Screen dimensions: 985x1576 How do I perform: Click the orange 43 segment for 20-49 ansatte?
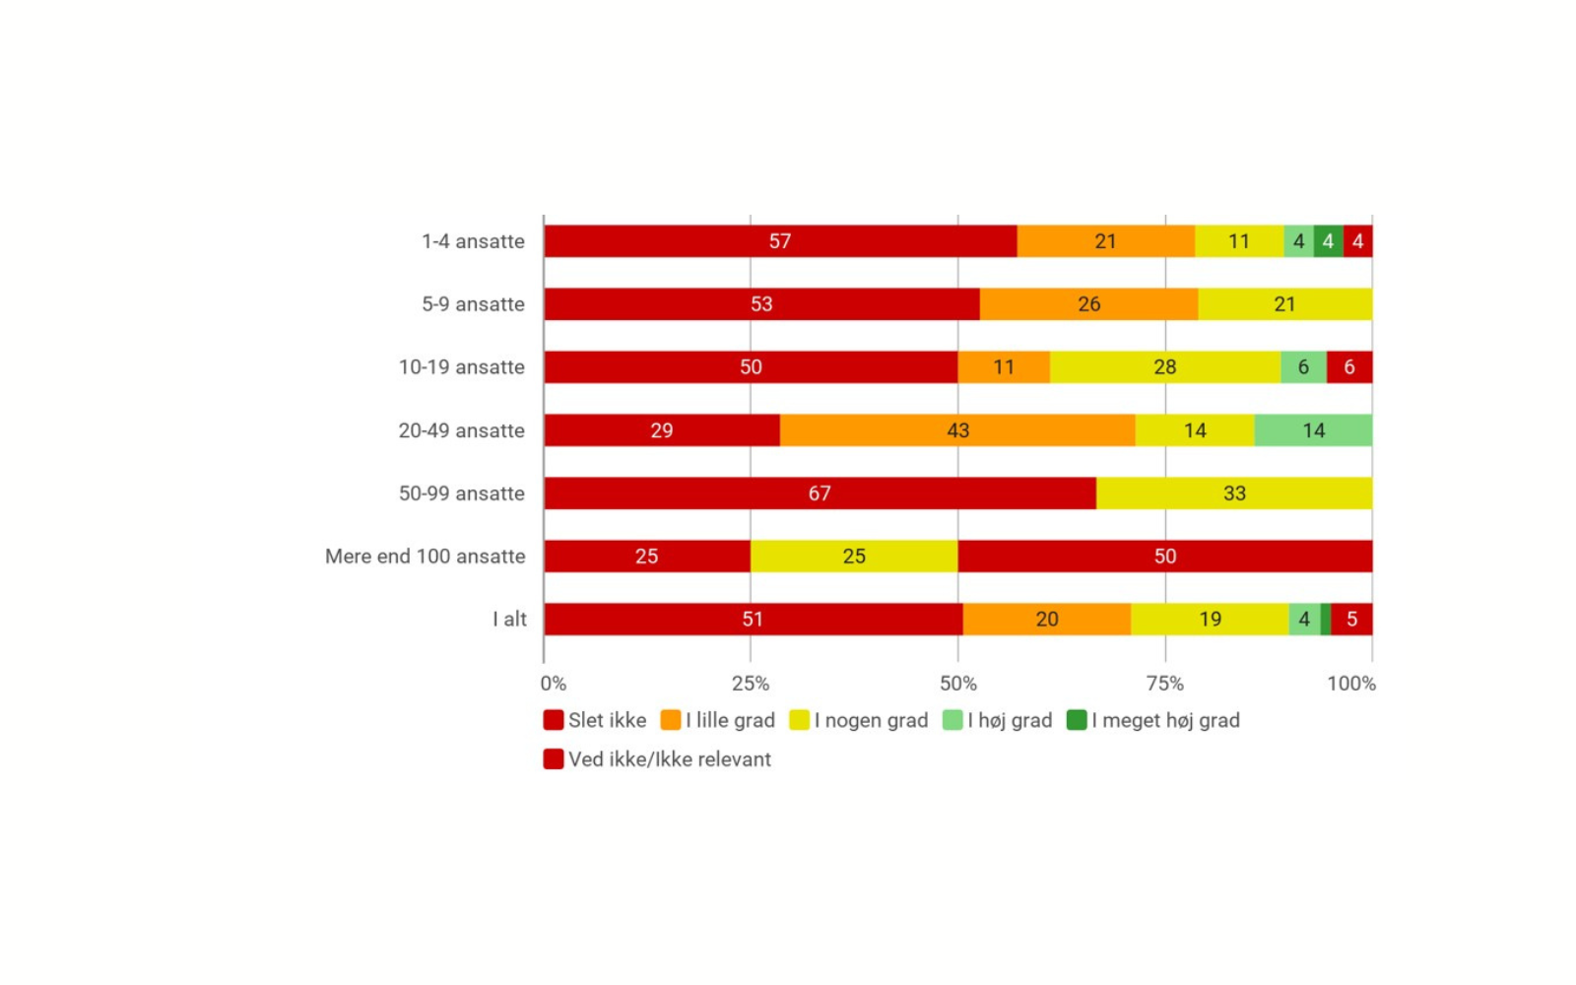click(957, 430)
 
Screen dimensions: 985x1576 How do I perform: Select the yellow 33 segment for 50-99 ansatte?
click(1233, 493)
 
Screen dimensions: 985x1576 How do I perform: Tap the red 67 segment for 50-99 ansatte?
click(820, 493)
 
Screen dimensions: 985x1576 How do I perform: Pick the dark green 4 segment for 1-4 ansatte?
click(1328, 241)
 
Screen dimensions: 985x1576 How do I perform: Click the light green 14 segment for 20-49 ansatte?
click(1313, 430)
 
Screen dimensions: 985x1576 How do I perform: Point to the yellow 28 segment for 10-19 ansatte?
click(1164, 367)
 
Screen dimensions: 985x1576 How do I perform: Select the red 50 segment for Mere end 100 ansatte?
click(1164, 557)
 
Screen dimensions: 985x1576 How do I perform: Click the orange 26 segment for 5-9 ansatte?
click(1088, 304)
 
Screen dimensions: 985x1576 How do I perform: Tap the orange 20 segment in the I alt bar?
click(1046, 620)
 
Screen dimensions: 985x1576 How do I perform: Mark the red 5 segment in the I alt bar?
click(1351, 620)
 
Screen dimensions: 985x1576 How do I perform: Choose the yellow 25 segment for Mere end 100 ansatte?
click(854, 557)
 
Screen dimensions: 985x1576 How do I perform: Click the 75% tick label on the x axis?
click(1164, 684)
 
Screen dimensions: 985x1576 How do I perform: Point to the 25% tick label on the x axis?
click(751, 684)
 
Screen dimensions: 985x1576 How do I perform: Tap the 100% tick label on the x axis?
click(1350, 684)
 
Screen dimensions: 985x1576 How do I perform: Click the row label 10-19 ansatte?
click(461, 367)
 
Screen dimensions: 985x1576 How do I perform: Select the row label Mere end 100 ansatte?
click(426, 557)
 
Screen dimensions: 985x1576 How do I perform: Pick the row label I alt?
click(509, 620)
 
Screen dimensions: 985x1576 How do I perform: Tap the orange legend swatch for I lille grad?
click(671, 721)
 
